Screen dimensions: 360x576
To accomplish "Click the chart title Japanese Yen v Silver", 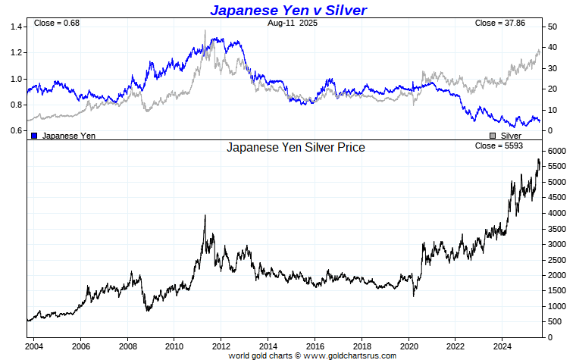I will pyautogui.click(x=288, y=10).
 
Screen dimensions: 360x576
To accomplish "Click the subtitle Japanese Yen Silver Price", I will pyautogui.click(x=296, y=147).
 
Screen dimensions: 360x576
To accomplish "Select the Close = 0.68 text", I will pyautogui.click(x=57, y=23).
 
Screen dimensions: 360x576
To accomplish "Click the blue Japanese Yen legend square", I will pyautogui.click(x=34, y=135).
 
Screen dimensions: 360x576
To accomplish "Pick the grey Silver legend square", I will pyautogui.click(x=493, y=135).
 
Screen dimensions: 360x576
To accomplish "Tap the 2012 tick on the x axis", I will pyautogui.click(x=221, y=346).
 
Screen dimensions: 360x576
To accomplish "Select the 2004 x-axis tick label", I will pyautogui.click(x=33, y=346).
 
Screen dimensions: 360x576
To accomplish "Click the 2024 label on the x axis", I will pyautogui.click(x=502, y=346).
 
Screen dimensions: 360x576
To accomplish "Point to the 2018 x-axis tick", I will pyautogui.click(x=362, y=346).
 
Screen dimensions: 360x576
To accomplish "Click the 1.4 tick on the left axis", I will pyautogui.click(x=17, y=27).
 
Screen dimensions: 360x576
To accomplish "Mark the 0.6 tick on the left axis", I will pyautogui.click(x=17, y=130).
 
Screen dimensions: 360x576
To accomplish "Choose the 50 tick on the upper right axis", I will pyautogui.click(x=553, y=27).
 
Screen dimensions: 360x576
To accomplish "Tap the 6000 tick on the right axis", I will pyautogui.click(x=557, y=152).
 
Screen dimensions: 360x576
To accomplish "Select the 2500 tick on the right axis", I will pyautogui.click(x=557, y=260).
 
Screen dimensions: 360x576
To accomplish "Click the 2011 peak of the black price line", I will pyautogui.click(x=205, y=215).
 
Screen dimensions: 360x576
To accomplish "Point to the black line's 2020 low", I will pyautogui.click(x=414, y=295).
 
